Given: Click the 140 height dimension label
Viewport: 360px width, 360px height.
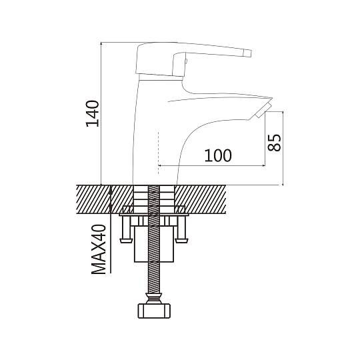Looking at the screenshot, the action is click(x=93, y=113).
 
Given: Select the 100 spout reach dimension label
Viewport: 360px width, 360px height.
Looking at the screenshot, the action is click(x=218, y=155).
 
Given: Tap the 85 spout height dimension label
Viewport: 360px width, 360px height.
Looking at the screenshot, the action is click(x=274, y=143).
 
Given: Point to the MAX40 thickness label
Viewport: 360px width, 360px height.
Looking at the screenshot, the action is click(x=99, y=249).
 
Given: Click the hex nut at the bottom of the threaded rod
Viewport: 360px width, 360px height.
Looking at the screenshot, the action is click(x=154, y=311).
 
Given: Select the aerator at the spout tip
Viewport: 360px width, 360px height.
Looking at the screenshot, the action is click(x=263, y=111).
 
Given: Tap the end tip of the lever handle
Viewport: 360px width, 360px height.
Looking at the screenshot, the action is click(x=249, y=53).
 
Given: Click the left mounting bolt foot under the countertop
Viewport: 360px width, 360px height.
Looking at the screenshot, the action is click(x=126, y=241).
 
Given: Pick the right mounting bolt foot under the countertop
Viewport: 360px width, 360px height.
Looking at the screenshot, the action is click(x=181, y=241).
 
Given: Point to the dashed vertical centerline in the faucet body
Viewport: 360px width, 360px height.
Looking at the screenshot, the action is click(x=159, y=153).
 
